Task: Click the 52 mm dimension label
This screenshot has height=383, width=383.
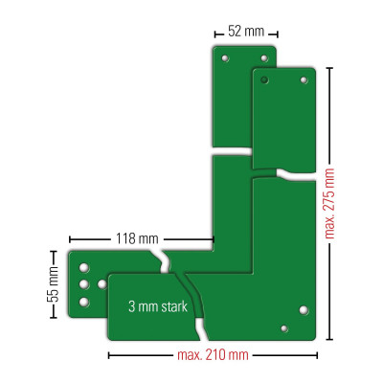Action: point(244,31)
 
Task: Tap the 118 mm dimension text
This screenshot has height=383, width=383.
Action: point(137,238)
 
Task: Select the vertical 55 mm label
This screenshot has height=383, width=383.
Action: point(54,284)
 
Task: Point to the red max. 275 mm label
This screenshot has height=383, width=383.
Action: point(331,204)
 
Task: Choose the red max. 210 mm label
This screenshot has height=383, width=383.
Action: point(212,355)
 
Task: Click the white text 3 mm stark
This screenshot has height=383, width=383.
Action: point(158,307)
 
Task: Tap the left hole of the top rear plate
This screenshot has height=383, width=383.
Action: point(226,58)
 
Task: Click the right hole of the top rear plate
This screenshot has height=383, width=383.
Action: point(265,58)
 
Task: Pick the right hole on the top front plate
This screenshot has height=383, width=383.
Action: point(304,81)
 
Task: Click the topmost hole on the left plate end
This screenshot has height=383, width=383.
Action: point(84,267)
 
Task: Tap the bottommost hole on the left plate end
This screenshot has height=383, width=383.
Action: point(84,302)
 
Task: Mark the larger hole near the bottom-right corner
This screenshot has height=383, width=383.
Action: point(304,310)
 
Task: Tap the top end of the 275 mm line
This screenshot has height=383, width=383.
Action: point(330,71)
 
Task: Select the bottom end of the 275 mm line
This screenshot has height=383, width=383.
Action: point(330,339)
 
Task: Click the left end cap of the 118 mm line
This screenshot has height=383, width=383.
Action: point(69,238)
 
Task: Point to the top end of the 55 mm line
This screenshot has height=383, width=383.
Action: point(54,252)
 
